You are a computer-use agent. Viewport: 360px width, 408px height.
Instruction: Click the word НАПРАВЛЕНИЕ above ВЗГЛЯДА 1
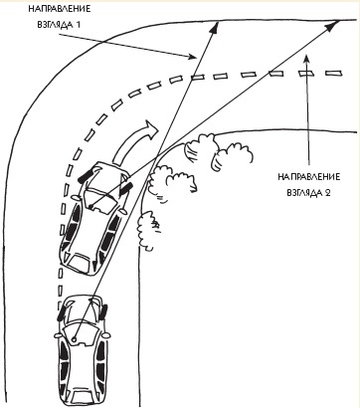60,9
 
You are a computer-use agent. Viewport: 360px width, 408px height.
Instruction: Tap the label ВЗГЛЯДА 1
60,25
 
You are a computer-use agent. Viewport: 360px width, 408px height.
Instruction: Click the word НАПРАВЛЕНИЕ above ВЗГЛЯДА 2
309,176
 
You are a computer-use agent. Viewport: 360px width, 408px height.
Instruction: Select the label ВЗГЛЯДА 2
308,193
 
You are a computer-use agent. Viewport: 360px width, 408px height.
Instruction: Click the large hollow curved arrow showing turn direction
135,140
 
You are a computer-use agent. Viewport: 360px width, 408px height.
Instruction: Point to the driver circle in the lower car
74,339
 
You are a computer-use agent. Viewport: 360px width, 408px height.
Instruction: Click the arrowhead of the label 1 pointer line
193,57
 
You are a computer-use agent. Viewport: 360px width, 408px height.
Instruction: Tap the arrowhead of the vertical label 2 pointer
307,59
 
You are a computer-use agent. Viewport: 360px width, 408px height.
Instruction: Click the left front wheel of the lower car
62,311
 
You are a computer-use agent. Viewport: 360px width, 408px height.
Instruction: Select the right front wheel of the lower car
103,311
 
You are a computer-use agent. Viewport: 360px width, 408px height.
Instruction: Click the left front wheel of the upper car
86,176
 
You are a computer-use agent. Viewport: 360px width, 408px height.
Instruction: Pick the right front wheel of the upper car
126,189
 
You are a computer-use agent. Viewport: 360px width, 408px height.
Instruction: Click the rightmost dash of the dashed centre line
333,73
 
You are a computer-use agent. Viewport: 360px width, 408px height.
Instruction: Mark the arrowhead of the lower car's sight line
216,26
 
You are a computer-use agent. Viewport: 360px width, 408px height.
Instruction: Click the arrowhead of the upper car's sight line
333,25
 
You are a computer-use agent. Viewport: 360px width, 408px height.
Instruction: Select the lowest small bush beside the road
147,228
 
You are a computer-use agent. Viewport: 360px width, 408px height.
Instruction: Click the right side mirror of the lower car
105,335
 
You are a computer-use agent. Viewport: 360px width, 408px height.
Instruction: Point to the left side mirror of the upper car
76,198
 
